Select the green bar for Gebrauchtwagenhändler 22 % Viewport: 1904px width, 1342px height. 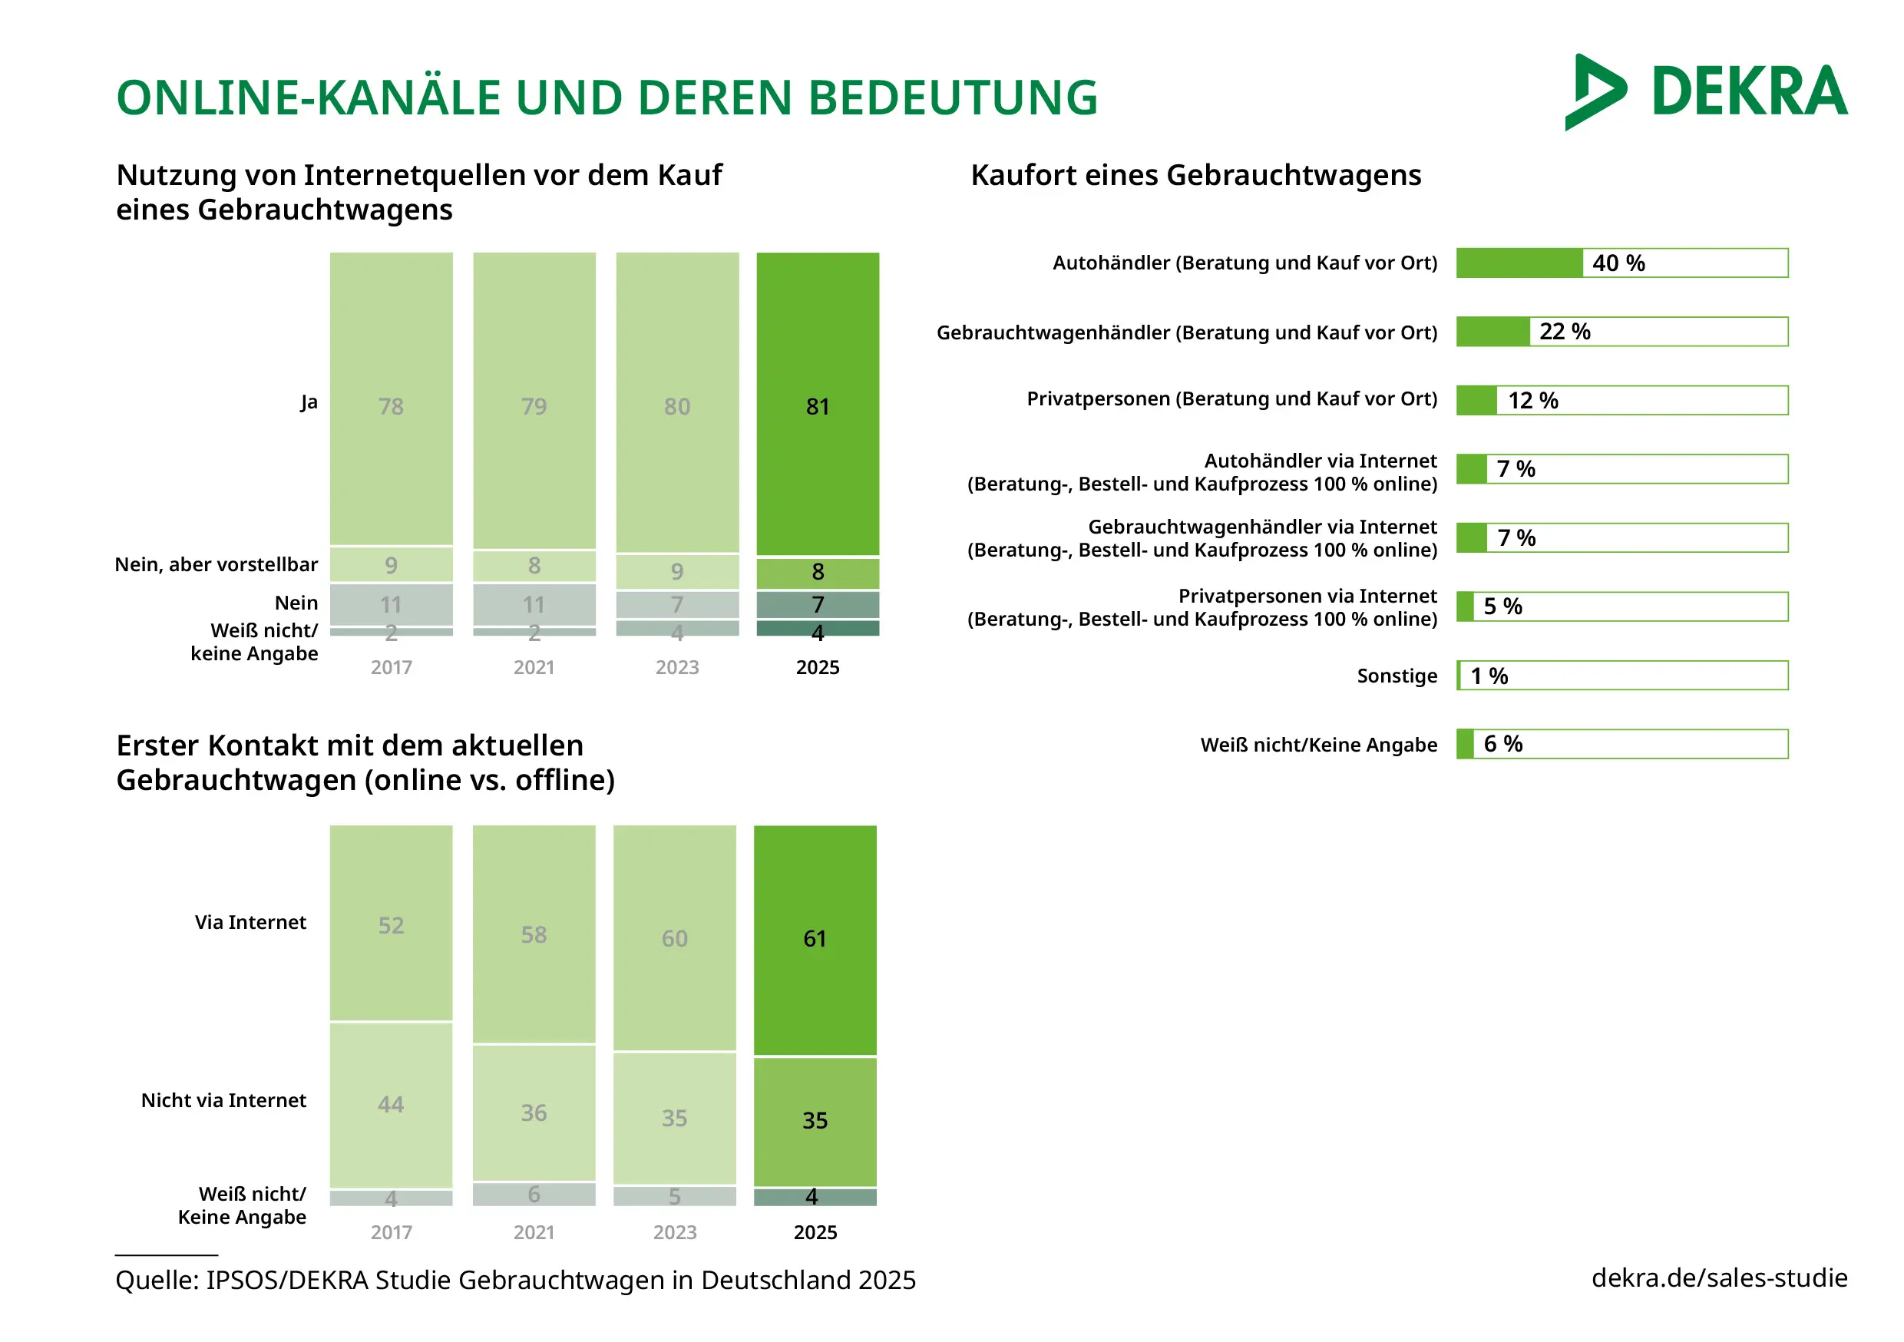1492,332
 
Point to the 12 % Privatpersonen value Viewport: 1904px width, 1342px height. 1532,401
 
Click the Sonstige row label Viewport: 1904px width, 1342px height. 1397,676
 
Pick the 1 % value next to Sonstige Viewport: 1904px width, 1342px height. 1489,676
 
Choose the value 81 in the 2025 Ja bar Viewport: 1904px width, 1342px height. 817,406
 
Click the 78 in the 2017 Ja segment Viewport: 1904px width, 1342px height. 391,406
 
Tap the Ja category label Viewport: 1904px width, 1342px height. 309,402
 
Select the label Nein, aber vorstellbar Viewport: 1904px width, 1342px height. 217,565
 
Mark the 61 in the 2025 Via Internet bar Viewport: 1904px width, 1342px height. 815,938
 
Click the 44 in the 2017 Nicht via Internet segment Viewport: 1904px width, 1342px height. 391,1104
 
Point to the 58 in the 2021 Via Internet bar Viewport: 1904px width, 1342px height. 534,935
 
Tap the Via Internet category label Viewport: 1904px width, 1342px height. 250,922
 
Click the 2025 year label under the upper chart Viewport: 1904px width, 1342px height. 817,668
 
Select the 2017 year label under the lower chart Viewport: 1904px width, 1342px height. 391,1231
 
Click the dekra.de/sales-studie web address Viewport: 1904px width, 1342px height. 1719,1278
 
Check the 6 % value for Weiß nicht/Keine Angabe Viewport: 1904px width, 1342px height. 1502,744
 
